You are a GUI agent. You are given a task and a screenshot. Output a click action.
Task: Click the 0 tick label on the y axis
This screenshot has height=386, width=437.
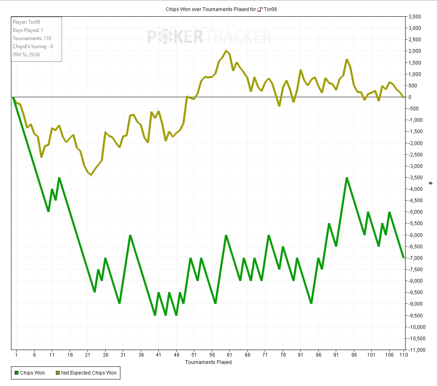(x=409, y=97)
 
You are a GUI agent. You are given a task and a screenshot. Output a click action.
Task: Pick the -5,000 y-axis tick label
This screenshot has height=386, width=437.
(x=415, y=212)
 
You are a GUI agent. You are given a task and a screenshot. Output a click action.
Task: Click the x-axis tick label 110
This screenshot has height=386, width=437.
(x=404, y=355)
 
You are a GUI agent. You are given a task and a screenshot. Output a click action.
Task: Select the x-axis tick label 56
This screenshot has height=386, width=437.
(x=212, y=355)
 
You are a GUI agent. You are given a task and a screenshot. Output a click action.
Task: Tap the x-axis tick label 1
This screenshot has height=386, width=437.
(x=17, y=355)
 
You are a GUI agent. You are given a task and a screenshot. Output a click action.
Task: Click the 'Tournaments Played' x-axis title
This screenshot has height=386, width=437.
(x=208, y=362)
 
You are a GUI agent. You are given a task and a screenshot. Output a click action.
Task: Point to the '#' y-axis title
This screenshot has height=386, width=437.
(x=430, y=183)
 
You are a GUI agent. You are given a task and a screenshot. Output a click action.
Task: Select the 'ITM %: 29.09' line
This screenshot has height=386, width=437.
(x=26, y=54)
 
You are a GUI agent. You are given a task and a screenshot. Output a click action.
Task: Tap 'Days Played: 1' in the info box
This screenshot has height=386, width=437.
(x=28, y=30)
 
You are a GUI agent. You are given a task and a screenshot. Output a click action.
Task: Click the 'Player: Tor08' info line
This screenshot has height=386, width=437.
(x=27, y=22)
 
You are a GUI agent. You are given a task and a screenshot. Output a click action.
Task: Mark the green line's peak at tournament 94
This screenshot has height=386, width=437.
(x=347, y=178)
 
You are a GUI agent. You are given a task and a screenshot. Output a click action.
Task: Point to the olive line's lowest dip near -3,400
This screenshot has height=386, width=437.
(x=91, y=175)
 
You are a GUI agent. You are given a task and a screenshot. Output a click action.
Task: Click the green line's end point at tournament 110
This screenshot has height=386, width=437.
(x=404, y=257)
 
